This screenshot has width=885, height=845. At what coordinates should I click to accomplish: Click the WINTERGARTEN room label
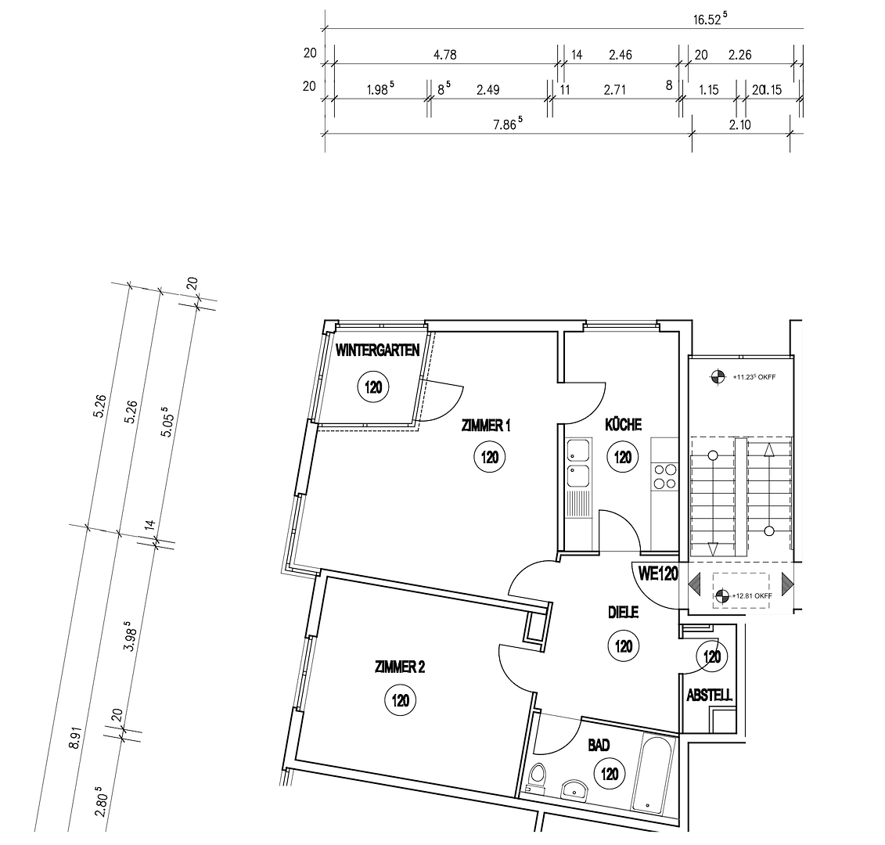pyautogui.click(x=378, y=351)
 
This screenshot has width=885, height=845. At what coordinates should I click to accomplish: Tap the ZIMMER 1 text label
pyautogui.click(x=486, y=426)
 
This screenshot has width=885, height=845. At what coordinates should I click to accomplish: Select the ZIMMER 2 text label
pyautogui.click(x=399, y=667)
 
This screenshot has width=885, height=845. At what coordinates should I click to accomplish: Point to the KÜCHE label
pyautogui.click(x=623, y=425)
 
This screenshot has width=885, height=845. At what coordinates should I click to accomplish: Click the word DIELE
pyautogui.click(x=624, y=613)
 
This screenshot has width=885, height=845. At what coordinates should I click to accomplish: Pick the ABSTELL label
pyautogui.click(x=709, y=696)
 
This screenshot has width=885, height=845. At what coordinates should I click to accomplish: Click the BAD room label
pyautogui.click(x=599, y=746)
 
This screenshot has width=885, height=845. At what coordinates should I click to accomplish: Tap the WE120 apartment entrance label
pyautogui.click(x=657, y=574)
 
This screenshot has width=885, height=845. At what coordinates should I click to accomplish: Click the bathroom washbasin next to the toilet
pyautogui.click(x=577, y=789)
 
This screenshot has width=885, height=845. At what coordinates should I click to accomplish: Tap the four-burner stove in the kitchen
pyautogui.click(x=665, y=476)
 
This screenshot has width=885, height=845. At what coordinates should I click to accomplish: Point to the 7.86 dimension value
pyautogui.click(x=506, y=123)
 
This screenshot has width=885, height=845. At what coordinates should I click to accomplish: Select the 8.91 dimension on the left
pyautogui.click(x=74, y=738)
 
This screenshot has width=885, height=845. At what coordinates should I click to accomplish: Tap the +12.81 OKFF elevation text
pyautogui.click(x=752, y=596)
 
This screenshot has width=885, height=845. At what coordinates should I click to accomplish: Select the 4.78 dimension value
pyautogui.click(x=444, y=55)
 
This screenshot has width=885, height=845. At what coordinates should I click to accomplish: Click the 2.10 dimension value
pyautogui.click(x=739, y=124)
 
